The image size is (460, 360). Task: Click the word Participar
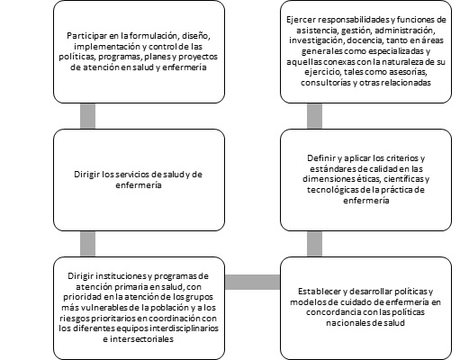[x=84, y=36]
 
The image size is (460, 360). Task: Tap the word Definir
[x=320, y=158]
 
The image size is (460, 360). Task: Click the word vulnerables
[x=97, y=308]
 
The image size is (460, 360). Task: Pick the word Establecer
[x=317, y=292]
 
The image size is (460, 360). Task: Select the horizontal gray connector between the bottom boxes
[x=252, y=282]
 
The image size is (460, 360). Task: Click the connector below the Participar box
[x=87, y=116]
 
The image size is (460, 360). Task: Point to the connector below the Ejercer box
[x=314, y=116]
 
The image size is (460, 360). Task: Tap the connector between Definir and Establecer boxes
[x=314, y=244]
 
